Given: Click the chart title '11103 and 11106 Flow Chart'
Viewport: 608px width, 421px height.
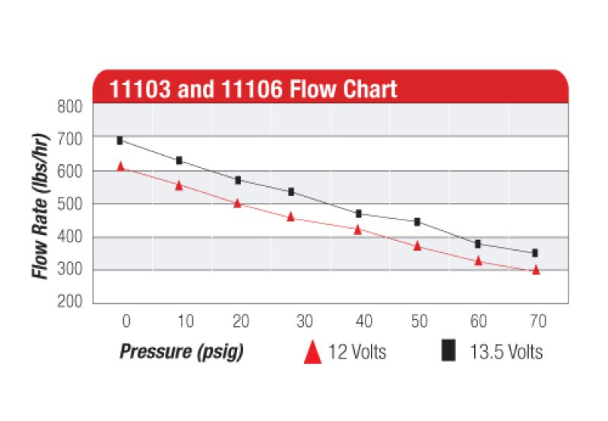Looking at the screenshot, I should point(254,88).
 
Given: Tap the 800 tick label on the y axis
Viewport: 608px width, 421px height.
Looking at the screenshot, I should point(70,106).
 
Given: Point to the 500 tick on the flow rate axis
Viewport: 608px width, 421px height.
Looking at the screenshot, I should point(70,204).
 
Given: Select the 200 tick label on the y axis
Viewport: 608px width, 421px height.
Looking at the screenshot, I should point(70,302).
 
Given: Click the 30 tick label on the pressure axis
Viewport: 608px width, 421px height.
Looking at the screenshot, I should point(302,321).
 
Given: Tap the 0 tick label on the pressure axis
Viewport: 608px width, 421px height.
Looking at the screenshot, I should point(126,321).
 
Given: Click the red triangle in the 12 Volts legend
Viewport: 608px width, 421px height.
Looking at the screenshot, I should point(312,352).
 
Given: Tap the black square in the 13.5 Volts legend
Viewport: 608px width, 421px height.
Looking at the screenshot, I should point(449,351).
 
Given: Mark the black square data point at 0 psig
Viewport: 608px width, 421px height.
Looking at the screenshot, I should point(120,141).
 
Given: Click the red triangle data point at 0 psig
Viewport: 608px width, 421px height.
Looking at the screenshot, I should point(120,166).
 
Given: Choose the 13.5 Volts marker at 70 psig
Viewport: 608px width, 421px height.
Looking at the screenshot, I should point(535,253).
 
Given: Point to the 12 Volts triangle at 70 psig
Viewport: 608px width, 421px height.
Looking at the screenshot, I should point(536,270).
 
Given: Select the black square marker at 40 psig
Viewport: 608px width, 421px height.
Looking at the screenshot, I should point(359,214).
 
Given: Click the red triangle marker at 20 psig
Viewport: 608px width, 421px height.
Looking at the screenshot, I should point(237,204).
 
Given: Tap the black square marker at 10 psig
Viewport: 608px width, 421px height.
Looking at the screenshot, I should point(179,160).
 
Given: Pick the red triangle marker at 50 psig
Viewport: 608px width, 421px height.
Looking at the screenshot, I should point(417,246).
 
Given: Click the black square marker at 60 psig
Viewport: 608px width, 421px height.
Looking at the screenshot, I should point(478,244).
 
